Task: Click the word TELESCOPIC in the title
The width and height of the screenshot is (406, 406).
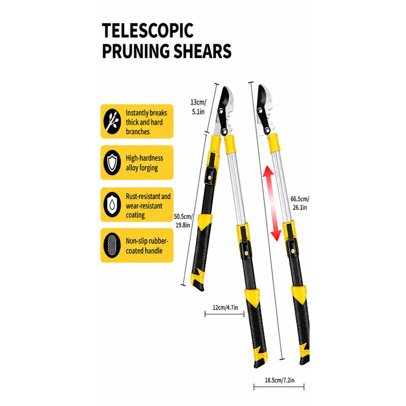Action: [x=148, y=30]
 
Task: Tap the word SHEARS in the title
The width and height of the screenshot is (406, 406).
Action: [x=202, y=51]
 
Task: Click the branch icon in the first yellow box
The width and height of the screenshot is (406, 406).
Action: [x=112, y=121]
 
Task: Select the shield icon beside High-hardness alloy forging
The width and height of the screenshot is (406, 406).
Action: [x=112, y=162]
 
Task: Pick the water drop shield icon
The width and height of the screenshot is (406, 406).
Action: [x=112, y=205]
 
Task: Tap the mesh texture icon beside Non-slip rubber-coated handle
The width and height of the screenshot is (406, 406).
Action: [x=112, y=245]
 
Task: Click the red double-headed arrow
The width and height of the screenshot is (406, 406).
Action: [x=272, y=204]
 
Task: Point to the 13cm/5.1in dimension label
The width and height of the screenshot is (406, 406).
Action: [x=198, y=107]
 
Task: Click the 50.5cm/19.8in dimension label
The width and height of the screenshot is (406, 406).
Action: [x=183, y=221]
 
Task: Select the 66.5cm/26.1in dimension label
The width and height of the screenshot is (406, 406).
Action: [x=300, y=204]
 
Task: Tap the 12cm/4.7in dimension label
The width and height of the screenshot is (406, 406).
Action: [x=225, y=308]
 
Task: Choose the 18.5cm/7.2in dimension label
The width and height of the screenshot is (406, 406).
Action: [x=280, y=380]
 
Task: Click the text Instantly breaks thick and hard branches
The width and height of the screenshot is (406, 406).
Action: [x=146, y=122]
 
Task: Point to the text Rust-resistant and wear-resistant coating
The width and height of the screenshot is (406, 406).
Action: [x=148, y=206]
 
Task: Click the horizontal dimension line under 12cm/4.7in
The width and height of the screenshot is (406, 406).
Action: [x=224, y=314]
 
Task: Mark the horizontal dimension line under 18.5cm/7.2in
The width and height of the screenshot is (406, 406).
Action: [x=279, y=387]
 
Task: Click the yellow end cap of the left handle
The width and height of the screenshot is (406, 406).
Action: [x=197, y=281]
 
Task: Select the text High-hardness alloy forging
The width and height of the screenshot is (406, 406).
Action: [x=145, y=163]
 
